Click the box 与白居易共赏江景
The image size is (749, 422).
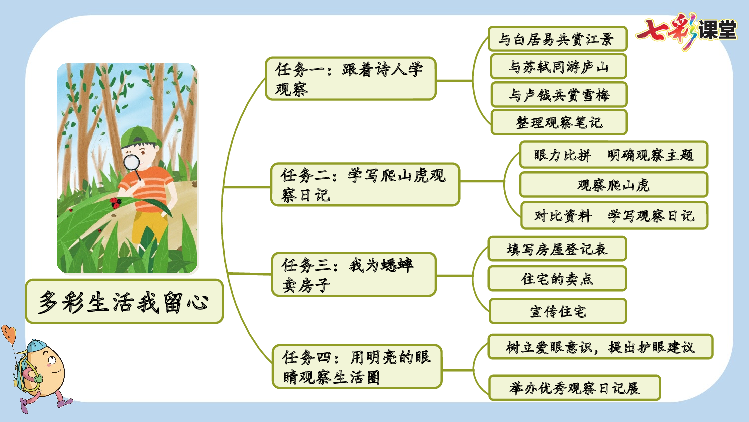pos(557,39)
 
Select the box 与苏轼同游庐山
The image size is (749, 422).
pos(558,67)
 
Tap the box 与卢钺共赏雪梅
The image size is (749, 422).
pos(559,95)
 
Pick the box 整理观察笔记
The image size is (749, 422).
pos(559,122)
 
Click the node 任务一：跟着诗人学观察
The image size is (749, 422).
pos(351,79)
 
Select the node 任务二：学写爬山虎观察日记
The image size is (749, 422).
pos(365,185)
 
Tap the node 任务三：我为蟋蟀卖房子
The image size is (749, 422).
pos(354,275)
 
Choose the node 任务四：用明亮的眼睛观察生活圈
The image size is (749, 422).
pos(357,367)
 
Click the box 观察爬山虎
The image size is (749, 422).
pos(613,185)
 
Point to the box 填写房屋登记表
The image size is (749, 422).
pos(557,249)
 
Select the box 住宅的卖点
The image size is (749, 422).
pos(557,279)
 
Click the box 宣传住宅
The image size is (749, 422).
pos(558,311)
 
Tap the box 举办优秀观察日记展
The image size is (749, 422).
pos(574,388)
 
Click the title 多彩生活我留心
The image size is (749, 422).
pos(124,302)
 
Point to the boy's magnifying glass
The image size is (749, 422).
pos(132,163)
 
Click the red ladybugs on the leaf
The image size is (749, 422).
pos(116,203)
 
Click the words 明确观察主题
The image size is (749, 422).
pos(650,155)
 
